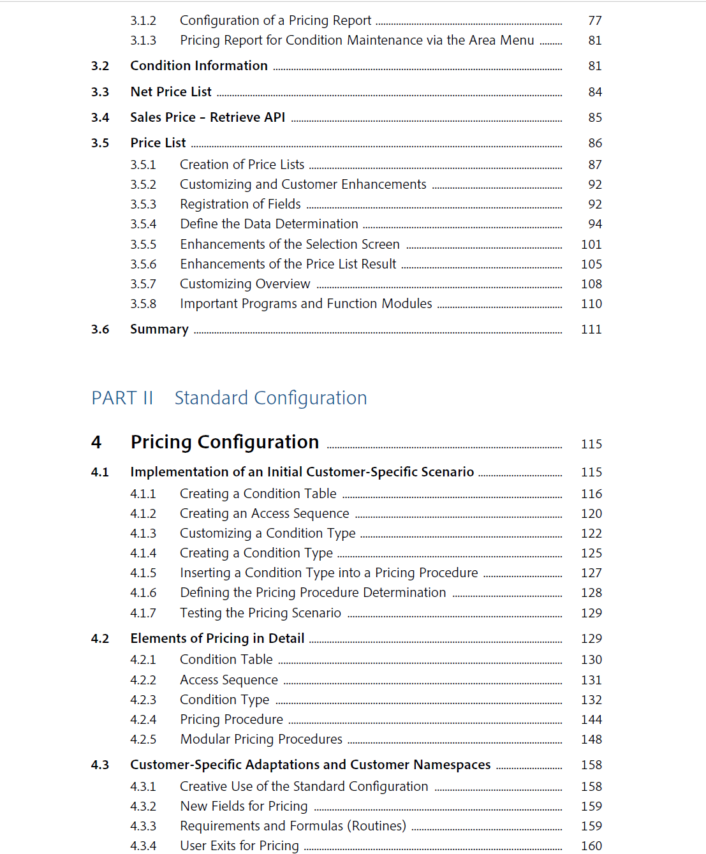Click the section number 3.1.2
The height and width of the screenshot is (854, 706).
point(143,21)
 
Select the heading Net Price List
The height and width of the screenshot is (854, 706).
point(171,92)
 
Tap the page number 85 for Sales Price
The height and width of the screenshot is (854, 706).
point(594,118)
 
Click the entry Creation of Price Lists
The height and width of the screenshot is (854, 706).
point(242,165)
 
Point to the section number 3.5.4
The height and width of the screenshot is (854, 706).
point(143,225)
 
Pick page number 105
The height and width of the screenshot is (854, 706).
point(591,264)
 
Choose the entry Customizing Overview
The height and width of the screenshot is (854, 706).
point(245,284)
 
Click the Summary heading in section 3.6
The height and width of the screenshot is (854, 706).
point(159,329)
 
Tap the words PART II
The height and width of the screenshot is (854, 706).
point(122,398)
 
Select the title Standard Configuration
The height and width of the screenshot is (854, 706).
point(270,398)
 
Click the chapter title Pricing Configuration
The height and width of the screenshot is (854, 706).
point(224,442)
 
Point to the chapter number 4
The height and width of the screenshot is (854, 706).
point(96,442)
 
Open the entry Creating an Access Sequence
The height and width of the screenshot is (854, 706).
point(264,513)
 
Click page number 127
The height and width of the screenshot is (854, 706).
point(591,573)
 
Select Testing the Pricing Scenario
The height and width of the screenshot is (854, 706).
point(260,613)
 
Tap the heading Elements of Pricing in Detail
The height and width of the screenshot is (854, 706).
point(217,638)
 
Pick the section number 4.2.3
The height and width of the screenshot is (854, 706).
point(143,700)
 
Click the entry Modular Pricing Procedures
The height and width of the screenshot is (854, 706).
point(261,739)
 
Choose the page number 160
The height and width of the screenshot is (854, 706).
point(591,846)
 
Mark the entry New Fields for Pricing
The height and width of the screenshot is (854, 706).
point(244,806)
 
